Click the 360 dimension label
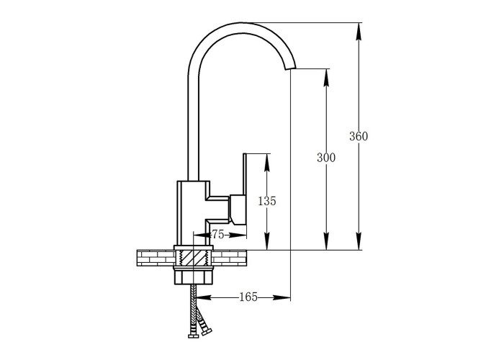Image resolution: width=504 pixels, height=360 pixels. coord(359,136)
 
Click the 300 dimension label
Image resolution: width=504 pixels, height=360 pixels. coord(326,158)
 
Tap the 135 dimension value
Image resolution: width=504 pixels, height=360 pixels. coord(267,201)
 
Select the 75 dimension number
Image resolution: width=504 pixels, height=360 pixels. coord(218,235)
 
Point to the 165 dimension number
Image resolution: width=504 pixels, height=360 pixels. coord(248,297)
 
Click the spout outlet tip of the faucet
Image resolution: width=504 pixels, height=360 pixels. coord(290,67)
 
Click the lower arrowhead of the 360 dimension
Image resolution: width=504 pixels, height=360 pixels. coord(359,241)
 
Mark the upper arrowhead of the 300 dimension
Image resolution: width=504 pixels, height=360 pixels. coord(326,78)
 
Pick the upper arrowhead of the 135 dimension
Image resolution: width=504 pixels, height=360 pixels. coord(267,162)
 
